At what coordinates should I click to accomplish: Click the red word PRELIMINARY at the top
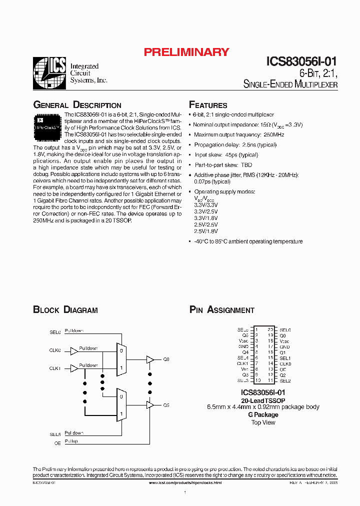pos(186,52)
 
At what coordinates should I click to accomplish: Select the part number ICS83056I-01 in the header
pos(301,62)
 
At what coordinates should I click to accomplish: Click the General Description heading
pos(77,105)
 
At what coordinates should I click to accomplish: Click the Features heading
pos(208,105)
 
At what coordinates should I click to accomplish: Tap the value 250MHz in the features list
pos(273,135)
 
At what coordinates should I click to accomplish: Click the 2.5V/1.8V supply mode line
pos(205,231)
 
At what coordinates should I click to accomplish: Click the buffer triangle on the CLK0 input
pos(74,351)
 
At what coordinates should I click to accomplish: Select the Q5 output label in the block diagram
pos(166,405)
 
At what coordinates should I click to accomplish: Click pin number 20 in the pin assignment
pos(270,330)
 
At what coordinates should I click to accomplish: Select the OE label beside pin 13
pos(283,369)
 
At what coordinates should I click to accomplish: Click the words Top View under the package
pos(263,422)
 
